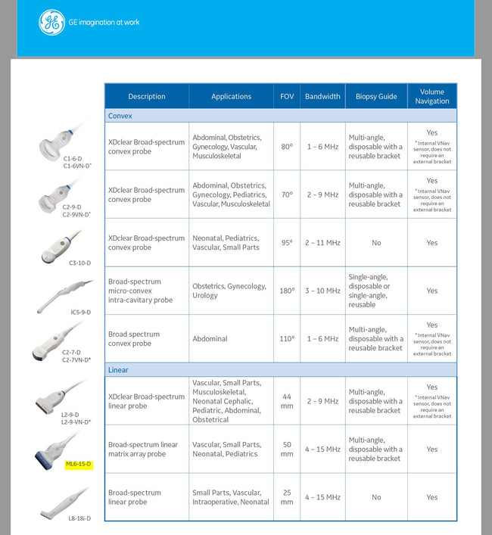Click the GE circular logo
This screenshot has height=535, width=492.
pyautogui.click(x=52, y=23)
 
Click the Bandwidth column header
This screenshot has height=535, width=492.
pyautogui.click(x=322, y=96)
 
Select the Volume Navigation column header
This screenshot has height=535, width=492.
pyautogui.click(x=431, y=96)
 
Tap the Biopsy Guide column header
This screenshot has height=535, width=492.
pyautogui.click(x=376, y=96)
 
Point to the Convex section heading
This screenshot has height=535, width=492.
pyautogui.click(x=120, y=117)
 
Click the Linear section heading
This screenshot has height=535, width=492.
pyautogui.click(x=118, y=370)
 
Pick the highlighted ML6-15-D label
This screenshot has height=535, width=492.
pyautogui.click(x=78, y=464)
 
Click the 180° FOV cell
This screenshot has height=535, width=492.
pyautogui.click(x=287, y=291)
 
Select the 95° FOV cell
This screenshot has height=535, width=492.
pyautogui.click(x=287, y=243)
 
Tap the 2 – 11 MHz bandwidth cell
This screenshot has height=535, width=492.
pyautogui.click(x=322, y=243)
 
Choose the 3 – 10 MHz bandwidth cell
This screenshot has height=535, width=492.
pyautogui.click(x=322, y=291)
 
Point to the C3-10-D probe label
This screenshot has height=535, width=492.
pyautogui.click(x=79, y=263)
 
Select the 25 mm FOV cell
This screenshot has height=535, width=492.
pyautogui.click(x=287, y=497)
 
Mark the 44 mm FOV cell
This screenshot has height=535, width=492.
pyautogui.click(x=287, y=401)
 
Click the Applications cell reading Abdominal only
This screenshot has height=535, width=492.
pyautogui.click(x=210, y=339)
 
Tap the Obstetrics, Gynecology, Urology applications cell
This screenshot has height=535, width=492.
pyautogui.click(x=229, y=291)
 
